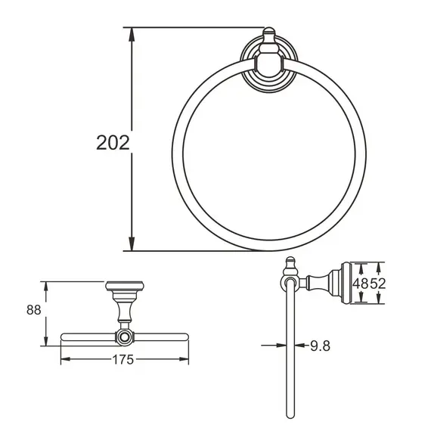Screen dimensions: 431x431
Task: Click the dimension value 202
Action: click(113, 142)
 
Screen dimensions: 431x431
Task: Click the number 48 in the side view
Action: click(362, 284)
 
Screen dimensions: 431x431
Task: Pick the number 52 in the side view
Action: click(378, 284)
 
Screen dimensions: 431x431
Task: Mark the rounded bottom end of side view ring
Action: click(288, 415)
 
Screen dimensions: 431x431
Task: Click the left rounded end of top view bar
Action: click(63, 335)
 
